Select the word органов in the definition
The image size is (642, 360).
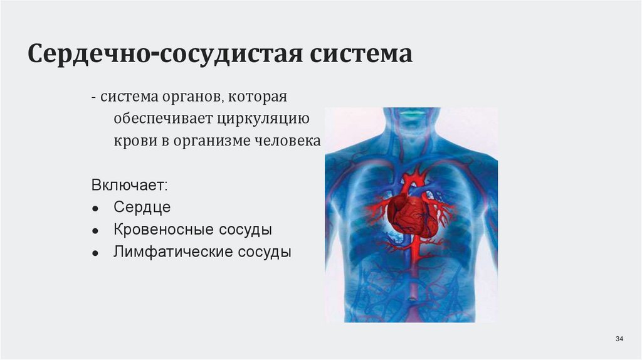[192, 98]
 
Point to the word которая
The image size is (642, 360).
[257, 98]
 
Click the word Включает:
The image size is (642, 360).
[129, 186]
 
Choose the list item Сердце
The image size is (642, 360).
[142, 208]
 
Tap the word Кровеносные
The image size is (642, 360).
[164, 230]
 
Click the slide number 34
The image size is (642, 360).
[619, 339]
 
